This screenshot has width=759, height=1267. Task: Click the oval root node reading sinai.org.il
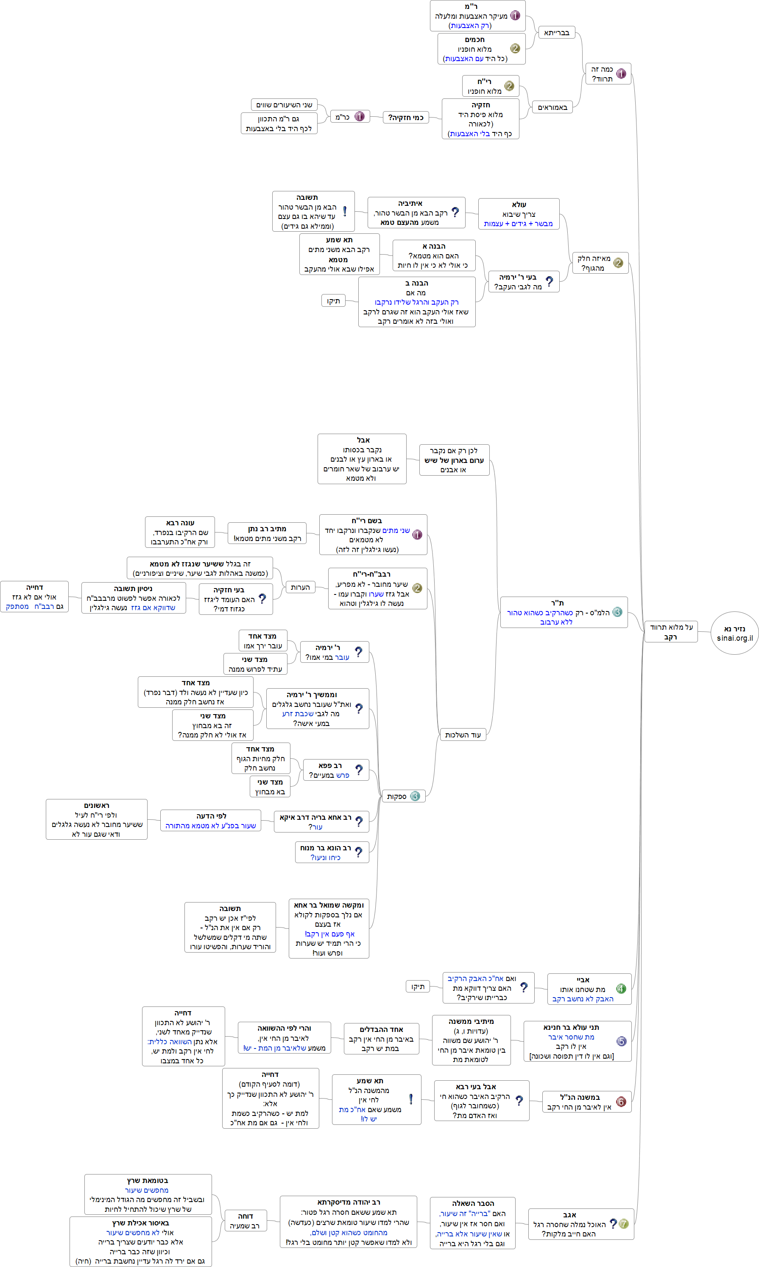coord(734,633)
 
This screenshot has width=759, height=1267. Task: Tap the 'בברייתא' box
coord(556,33)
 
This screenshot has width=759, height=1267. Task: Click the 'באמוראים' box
coord(553,107)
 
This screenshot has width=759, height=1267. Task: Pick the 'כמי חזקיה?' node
coord(406,118)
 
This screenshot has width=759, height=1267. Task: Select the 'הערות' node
coord(300,587)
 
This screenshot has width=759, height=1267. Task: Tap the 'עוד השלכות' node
coord(462,735)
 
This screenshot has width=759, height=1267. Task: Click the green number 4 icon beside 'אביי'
coord(621,989)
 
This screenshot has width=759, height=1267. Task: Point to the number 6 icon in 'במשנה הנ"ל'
coord(621,1102)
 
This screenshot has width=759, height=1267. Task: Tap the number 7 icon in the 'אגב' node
coord(623,1223)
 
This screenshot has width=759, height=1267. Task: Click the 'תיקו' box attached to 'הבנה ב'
coord(333,301)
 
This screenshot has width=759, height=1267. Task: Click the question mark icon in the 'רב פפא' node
coord(359,770)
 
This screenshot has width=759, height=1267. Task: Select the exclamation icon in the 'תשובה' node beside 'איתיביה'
coord(345,211)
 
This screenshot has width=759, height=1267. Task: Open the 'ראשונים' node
coord(96,819)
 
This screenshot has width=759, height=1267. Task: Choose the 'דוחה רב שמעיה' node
coord(245,1221)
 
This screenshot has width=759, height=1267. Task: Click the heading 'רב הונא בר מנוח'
coord(325,848)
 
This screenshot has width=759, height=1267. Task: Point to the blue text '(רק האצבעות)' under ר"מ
coord(469,25)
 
